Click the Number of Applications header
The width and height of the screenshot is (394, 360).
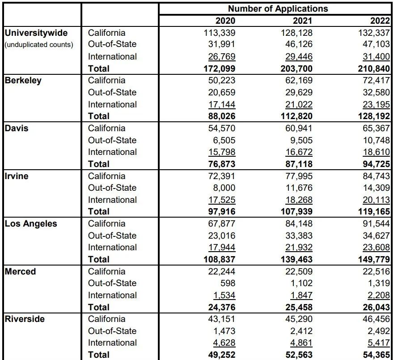(x=278, y=9)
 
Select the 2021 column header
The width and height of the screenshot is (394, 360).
(x=303, y=21)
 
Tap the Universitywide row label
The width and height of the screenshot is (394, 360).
(x=36, y=33)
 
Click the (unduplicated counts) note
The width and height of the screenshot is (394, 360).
(x=39, y=45)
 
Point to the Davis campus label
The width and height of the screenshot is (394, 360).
(x=17, y=128)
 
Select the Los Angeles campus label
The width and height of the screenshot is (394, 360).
(x=31, y=223)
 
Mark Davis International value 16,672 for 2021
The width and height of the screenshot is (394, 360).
(x=299, y=152)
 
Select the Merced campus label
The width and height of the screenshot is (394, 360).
(x=21, y=271)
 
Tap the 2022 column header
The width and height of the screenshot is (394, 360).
(x=380, y=21)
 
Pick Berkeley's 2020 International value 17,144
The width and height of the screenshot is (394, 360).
(x=222, y=104)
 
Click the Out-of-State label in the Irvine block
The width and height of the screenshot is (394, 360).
(x=112, y=188)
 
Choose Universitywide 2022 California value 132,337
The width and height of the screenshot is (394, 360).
(x=374, y=33)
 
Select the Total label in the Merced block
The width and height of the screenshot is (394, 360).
(x=99, y=307)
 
